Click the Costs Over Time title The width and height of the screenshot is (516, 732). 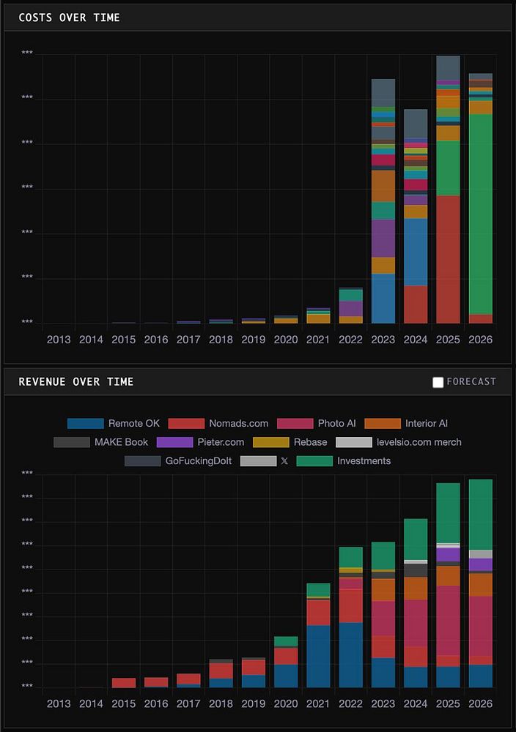click(x=69, y=18)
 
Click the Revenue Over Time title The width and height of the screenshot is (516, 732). click(x=76, y=381)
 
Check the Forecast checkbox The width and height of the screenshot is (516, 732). click(x=438, y=382)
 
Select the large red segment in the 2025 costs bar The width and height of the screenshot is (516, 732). click(x=448, y=259)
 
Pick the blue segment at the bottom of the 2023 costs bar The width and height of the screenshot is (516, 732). click(x=383, y=299)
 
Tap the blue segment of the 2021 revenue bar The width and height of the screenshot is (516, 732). click(x=318, y=656)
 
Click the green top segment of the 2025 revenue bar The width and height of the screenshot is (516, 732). click(x=448, y=512)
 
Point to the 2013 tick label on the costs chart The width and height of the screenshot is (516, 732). click(x=59, y=340)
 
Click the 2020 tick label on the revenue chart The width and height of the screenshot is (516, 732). click(x=286, y=703)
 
